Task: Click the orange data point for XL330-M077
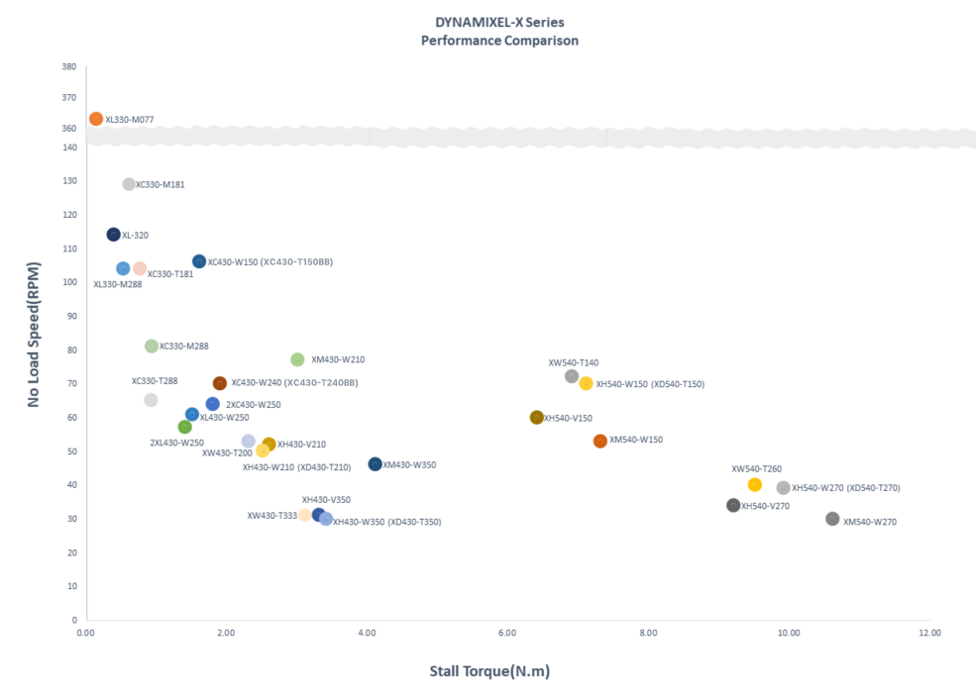pos(96,119)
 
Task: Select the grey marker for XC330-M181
pos(129,184)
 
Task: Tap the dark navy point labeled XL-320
pos(114,235)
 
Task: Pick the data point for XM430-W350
pos(375,464)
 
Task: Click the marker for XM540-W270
pos(832,519)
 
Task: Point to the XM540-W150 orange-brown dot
pos(599,441)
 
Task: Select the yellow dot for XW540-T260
pos(755,484)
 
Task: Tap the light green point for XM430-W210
pos(297,359)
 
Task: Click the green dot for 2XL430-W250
pos(184,427)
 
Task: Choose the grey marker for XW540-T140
pos(572,376)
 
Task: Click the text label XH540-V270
pos(765,506)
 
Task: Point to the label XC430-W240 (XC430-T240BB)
pos(294,383)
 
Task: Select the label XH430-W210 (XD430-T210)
pos(296,467)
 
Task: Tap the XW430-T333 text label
pos(271,516)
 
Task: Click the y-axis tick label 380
pos(69,67)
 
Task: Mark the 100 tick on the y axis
pos(69,282)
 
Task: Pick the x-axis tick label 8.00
pos(648,632)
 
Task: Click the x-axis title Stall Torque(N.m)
pos(489,671)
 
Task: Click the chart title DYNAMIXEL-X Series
pos(499,22)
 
